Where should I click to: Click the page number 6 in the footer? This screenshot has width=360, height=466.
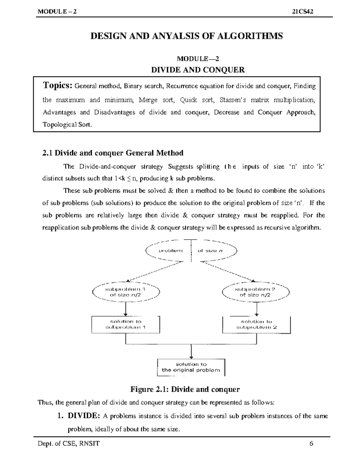(311, 443)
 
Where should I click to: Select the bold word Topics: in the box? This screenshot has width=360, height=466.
(58, 86)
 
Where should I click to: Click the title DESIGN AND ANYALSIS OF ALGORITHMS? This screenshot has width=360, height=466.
(187, 36)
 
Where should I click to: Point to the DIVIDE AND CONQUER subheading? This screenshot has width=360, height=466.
(198, 70)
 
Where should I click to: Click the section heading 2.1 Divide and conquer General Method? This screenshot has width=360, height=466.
(113, 153)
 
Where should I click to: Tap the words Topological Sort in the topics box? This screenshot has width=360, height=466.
(66, 125)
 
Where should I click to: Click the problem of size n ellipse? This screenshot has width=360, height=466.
(191, 251)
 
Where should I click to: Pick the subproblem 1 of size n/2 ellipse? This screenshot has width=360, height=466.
(126, 292)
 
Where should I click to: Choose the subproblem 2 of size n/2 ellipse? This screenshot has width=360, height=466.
(256, 292)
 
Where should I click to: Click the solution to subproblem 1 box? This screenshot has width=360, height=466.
(126, 324)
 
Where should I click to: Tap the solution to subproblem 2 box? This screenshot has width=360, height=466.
(256, 324)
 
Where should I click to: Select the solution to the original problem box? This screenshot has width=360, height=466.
(191, 367)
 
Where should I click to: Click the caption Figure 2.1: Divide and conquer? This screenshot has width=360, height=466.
(185, 389)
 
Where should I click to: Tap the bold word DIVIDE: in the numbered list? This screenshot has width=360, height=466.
(84, 416)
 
